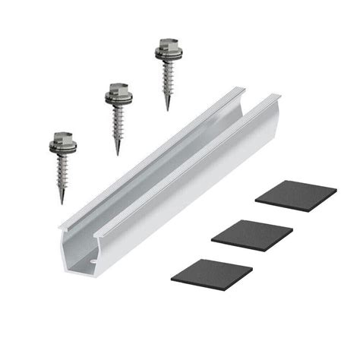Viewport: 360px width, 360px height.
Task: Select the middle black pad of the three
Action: click(x=251, y=233)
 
